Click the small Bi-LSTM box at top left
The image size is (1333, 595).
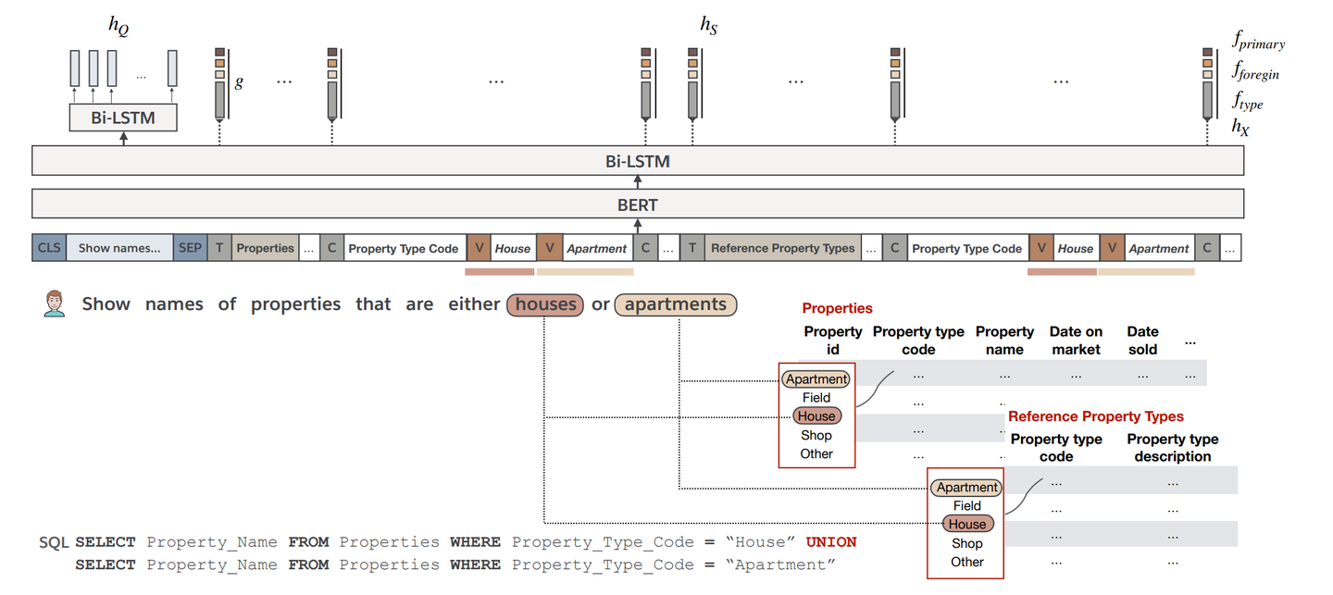pyautogui.click(x=123, y=118)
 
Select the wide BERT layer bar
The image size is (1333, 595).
pyautogui.click(x=637, y=204)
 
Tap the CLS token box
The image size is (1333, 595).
pyautogui.click(x=48, y=248)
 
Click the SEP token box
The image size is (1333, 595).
pyautogui.click(x=190, y=248)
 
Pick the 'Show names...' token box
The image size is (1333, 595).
pyautogui.click(x=119, y=248)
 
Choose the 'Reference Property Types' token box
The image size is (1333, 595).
pyautogui.click(x=782, y=248)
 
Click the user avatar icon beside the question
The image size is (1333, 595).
pyautogui.click(x=55, y=304)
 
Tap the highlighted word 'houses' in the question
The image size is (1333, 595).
pyautogui.click(x=545, y=304)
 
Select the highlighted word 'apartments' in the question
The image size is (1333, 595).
pyautogui.click(x=675, y=304)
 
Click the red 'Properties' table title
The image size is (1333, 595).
pyautogui.click(x=837, y=308)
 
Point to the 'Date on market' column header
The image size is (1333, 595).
pyautogui.click(x=1076, y=341)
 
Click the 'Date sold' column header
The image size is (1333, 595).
pyautogui.click(x=1142, y=341)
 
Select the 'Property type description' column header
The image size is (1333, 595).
pyautogui.click(x=1172, y=448)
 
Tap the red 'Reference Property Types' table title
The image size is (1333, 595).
pyautogui.click(x=1095, y=416)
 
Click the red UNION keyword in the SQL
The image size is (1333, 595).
pyautogui.click(x=830, y=542)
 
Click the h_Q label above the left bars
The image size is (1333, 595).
pyautogui.click(x=118, y=27)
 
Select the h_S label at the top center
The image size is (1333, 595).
pyautogui.click(x=709, y=25)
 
